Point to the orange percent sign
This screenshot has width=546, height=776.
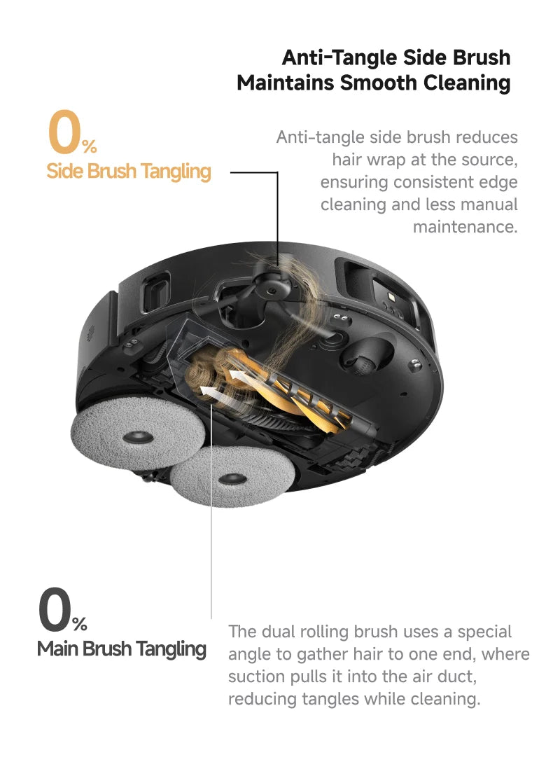click(x=90, y=146)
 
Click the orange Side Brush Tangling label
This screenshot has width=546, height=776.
click(x=129, y=171)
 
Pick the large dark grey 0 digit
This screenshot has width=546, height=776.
click(x=55, y=609)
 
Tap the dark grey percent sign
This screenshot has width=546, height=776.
click(x=80, y=624)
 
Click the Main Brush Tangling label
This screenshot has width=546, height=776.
click(x=121, y=649)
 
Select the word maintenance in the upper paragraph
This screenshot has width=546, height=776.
click(x=465, y=227)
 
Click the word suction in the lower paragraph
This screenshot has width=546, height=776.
click(x=256, y=676)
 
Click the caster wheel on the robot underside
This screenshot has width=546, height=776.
click(x=367, y=354)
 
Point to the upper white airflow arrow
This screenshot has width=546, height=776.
click(x=237, y=375)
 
